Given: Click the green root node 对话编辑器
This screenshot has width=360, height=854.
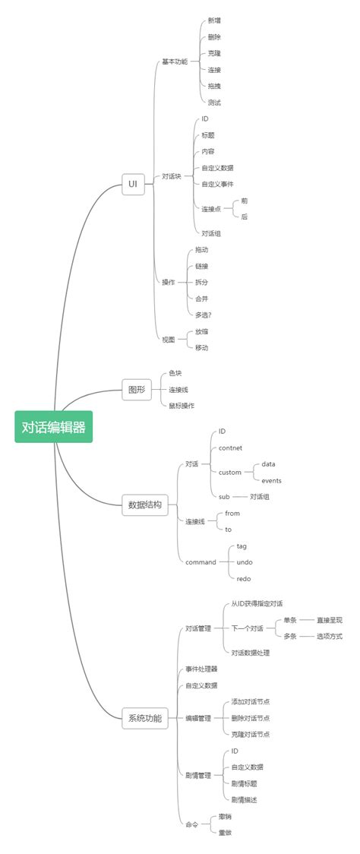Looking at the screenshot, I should click(x=53, y=427).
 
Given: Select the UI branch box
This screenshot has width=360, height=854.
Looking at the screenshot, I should click(x=133, y=184).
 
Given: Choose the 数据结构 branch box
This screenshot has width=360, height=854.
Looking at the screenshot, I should click(x=144, y=504).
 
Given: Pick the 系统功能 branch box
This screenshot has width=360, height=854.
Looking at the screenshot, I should click(x=144, y=717).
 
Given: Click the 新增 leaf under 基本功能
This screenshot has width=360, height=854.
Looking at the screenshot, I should click(x=214, y=21).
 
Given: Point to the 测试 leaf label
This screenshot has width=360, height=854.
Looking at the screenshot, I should click(x=214, y=102).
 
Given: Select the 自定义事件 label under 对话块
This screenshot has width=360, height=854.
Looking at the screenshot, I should click(x=217, y=184).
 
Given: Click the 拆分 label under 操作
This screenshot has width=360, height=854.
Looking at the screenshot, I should click(x=201, y=282).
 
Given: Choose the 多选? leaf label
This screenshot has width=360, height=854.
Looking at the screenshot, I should click(x=203, y=315).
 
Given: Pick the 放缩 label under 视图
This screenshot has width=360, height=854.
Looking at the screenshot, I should click(x=201, y=331).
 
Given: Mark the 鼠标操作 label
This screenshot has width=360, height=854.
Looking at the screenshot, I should click(x=182, y=406).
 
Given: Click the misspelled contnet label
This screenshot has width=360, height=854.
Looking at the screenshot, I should click(x=230, y=448).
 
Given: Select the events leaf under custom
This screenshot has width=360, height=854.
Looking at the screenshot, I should click(x=271, y=480).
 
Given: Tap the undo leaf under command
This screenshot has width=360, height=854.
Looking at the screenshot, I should click(x=245, y=561).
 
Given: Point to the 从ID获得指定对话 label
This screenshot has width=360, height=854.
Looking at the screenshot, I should click(x=257, y=603).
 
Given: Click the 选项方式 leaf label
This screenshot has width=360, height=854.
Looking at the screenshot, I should click(x=330, y=636).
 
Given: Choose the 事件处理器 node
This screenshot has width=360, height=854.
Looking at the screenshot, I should click(x=201, y=669).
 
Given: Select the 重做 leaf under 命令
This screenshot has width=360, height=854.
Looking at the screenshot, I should click(x=224, y=832).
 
